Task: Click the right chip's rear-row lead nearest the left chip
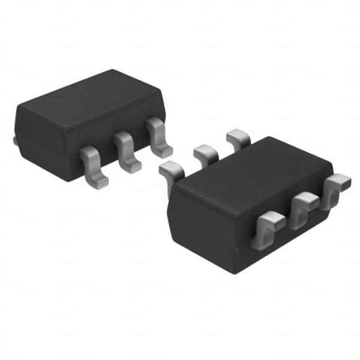pyautogui.click(x=170, y=170)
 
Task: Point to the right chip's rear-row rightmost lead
pyautogui.click(x=238, y=137)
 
